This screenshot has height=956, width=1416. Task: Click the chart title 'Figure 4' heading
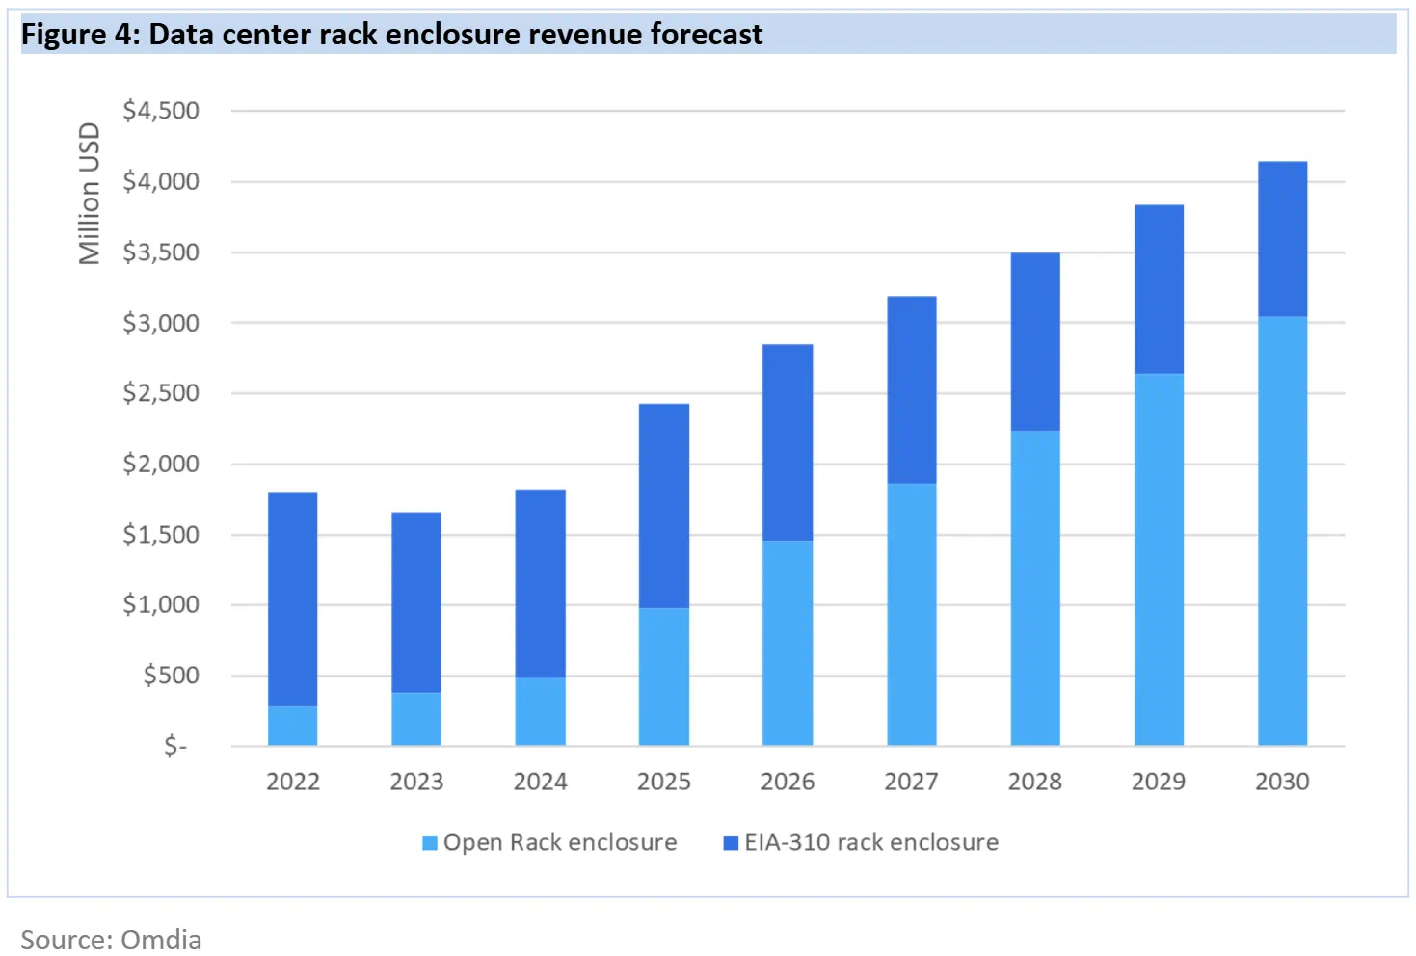[391, 35]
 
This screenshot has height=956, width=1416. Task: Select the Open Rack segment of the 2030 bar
[1282, 530]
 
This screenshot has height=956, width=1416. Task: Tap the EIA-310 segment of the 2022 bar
[292, 599]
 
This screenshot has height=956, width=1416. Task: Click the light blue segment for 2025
[663, 676]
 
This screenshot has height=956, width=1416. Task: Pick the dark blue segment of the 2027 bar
[911, 389]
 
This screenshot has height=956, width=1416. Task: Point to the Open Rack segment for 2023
[415, 718]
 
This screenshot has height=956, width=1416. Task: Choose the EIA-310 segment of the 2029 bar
[1159, 289]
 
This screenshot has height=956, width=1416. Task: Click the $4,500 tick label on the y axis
[161, 111]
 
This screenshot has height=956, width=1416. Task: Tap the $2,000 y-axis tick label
[161, 464]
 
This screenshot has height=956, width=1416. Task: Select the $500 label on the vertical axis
[171, 675]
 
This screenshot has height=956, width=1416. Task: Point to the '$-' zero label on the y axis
[175, 746]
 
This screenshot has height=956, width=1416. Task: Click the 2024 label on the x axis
[540, 782]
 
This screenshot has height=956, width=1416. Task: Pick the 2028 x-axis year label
[1034, 782]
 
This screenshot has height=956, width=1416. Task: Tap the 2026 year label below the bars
[788, 782]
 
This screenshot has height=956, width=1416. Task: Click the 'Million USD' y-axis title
[90, 193]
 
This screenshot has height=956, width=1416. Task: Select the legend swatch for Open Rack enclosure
[430, 843]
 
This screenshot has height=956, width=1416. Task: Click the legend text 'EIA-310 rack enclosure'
[870, 842]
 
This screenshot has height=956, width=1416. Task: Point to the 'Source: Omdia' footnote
[111, 939]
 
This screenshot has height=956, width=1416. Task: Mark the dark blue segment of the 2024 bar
[540, 583]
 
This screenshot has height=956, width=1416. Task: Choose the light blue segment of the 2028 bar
[1034, 588]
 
